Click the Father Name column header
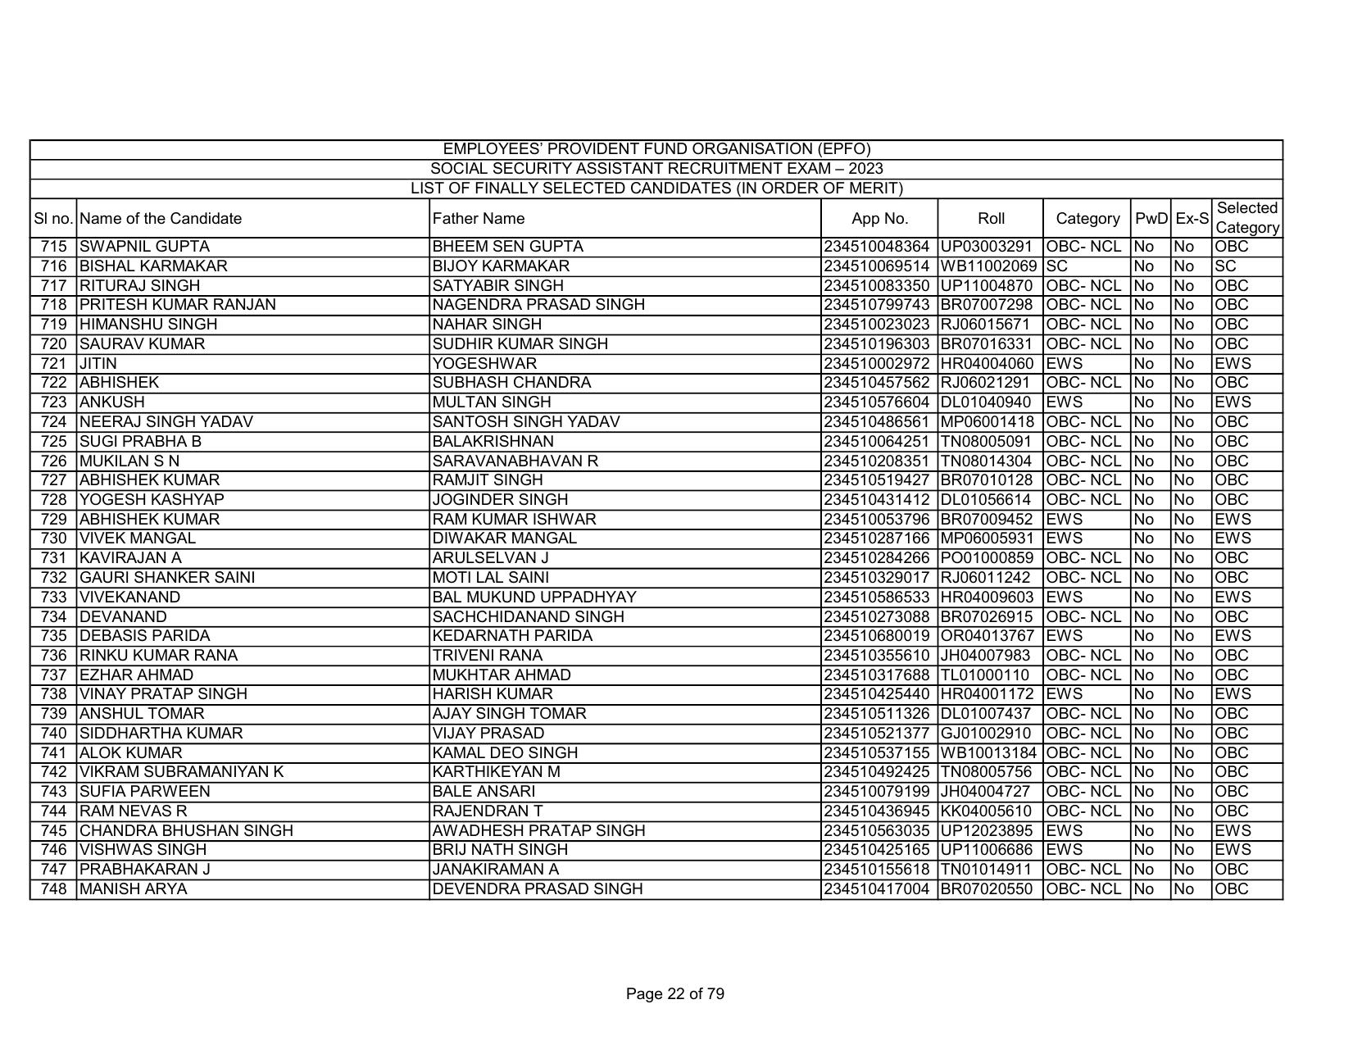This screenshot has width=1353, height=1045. (x=479, y=219)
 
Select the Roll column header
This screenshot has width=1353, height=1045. (x=991, y=219)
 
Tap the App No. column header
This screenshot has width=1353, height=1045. (x=879, y=219)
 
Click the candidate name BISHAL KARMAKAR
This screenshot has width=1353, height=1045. (x=153, y=266)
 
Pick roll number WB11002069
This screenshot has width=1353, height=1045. (x=991, y=266)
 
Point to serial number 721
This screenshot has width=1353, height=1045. (x=52, y=364)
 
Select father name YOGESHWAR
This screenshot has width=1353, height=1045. (x=484, y=364)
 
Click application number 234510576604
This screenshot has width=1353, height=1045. (x=878, y=402)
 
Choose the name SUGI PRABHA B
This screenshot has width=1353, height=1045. (x=140, y=442)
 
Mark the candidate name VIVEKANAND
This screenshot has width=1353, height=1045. (x=129, y=597)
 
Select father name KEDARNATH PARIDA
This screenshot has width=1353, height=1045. (x=512, y=636)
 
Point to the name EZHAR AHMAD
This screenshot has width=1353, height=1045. (x=136, y=675)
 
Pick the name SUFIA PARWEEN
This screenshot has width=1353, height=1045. (x=144, y=792)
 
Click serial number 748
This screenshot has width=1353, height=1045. (x=52, y=889)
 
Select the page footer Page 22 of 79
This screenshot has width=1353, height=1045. (x=674, y=994)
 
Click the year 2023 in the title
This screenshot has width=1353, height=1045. (x=865, y=169)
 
